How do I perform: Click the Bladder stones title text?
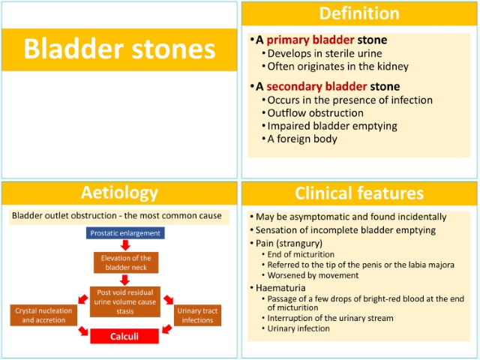pyautogui.click(x=119, y=49)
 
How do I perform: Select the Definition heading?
pyautogui.click(x=359, y=13)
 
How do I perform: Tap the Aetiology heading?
pyautogui.click(x=119, y=193)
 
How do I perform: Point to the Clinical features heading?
pyautogui.click(x=359, y=193)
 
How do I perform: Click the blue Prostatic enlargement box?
pyautogui.click(x=125, y=233)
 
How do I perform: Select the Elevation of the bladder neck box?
pyautogui.click(x=126, y=262)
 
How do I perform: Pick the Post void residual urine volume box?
pyautogui.click(x=125, y=301)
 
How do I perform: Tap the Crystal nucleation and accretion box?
pyautogui.click(x=43, y=315)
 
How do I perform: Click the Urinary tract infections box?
pyautogui.click(x=197, y=315)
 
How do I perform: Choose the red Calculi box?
pyautogui.click(x=124, y=337)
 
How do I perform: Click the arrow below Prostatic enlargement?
pyautogui.click(x=125, y=245)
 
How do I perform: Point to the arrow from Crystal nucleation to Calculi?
pyautogui.click(x=83, y=331)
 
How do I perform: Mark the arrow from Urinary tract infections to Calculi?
pyautogui.click(x=167, y=329)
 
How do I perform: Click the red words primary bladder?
pyautogui.click(x=310, y=40)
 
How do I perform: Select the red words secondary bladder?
pyautogui.click(x=316, y=86)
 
